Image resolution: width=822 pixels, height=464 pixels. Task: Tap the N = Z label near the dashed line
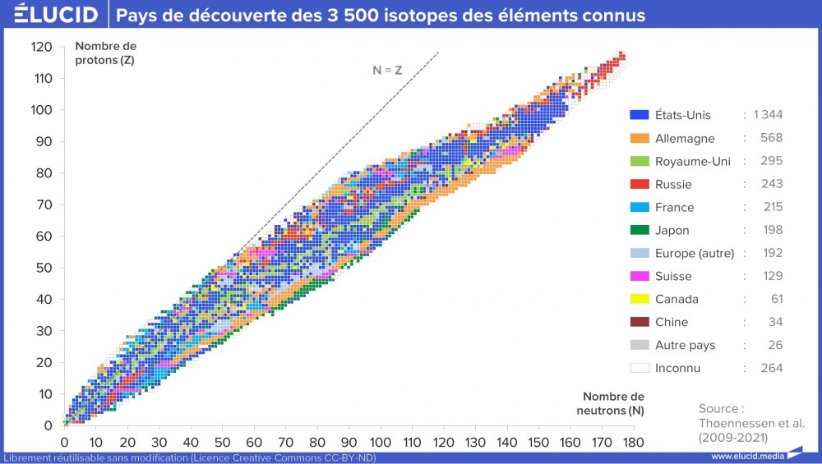tap(387, 71)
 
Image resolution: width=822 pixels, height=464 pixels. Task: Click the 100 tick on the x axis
tap(380, 443)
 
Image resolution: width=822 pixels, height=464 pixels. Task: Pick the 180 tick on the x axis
tap(632, 443)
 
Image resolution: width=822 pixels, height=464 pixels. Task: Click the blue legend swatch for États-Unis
tap(640, 115)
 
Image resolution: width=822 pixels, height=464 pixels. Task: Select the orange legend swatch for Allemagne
tap(640, 138)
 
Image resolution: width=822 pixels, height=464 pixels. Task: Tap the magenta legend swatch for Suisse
tap(640, 276)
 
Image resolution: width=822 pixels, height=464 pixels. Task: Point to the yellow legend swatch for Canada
tap(640, 299)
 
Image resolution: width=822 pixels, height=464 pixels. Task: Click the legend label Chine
tap(672, 322)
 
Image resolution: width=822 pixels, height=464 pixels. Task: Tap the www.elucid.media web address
tap(746, 457)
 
